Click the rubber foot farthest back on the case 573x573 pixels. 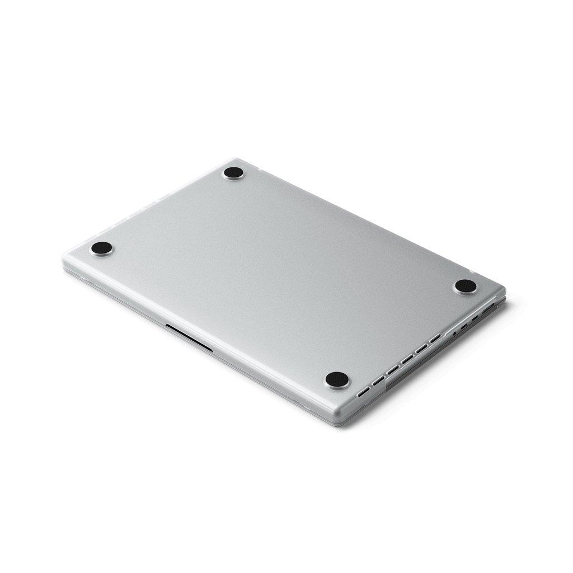click(x=232, y=173)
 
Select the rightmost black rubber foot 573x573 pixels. click(x=464, y=286)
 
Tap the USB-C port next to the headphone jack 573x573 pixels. click(x=464, y=326)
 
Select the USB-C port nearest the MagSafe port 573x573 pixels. click(x=476, y=318)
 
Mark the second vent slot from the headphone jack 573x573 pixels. click(x=421, y=349)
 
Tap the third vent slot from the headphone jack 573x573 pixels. click(x=407, y=359)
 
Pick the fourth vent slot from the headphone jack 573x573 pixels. click(x=393, y=370)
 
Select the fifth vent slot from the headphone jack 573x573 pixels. click(x=379, y=381)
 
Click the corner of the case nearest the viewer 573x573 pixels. click(x=354, y=413)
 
